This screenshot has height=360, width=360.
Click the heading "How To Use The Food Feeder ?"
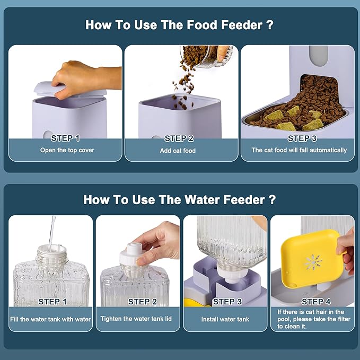tap(179, 25)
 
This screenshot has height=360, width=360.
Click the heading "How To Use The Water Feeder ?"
tap(179, 199)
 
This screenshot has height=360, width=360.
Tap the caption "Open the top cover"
tap(67, 150)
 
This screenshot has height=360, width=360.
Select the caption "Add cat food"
tap(178, 151)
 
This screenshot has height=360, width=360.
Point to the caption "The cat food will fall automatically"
tap(299, 150)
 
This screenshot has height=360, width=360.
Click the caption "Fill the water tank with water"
tap(50, 319)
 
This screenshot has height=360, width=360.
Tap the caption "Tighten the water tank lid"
tap(136, 319)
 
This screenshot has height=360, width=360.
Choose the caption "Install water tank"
tap(225, 319)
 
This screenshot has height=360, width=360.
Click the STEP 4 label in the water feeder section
tap(316, 302)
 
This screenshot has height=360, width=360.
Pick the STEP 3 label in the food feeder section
tap(302, 138)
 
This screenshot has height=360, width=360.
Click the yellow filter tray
tap(312, 258)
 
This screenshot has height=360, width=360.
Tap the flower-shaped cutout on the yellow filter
tap(313, 262)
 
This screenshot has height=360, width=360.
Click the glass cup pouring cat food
tap(207, 56)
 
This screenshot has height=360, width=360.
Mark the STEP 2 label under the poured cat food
tap(179, 138)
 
